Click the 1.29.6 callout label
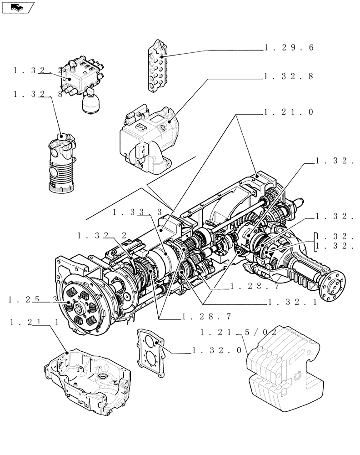(289, 47)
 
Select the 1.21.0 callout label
(289, 112)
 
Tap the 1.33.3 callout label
(138, 212)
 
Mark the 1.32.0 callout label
(216, 351)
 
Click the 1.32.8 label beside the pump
(289, 76)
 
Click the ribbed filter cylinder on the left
(60, 164)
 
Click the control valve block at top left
(82, 75)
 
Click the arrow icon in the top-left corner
(17, 7)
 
